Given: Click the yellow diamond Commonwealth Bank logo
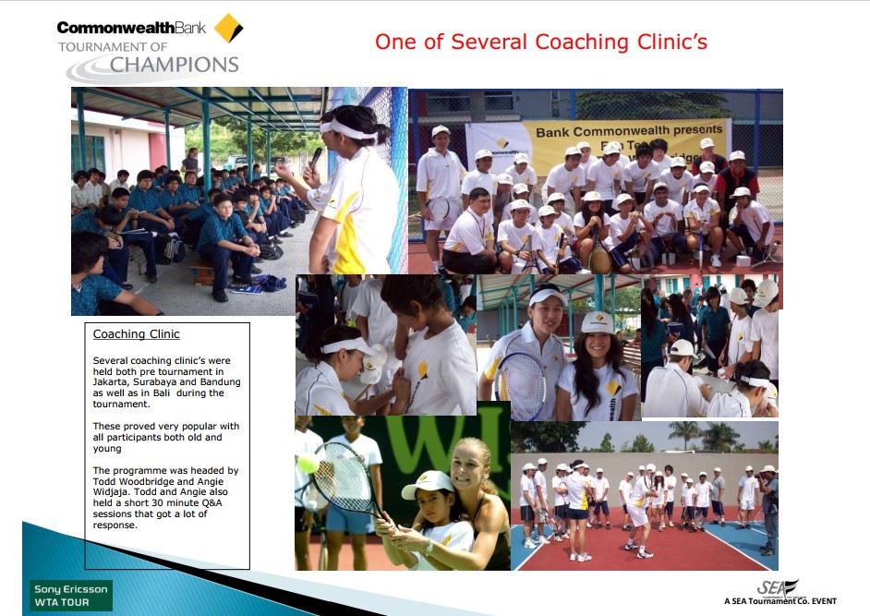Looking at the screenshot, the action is click(x=228, y=28).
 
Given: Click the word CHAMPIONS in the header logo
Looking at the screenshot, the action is click(x=175, y=65).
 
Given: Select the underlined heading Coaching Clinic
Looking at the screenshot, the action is click(x=136, y=334).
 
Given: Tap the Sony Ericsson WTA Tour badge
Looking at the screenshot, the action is click(x=70, y=596).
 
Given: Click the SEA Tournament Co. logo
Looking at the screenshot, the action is click(x=780, y=592).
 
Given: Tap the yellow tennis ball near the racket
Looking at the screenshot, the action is click(x=308, y=464).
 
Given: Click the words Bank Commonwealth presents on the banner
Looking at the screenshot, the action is click(x=629, y=131).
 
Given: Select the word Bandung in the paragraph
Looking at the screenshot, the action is click(x=221, y=381).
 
